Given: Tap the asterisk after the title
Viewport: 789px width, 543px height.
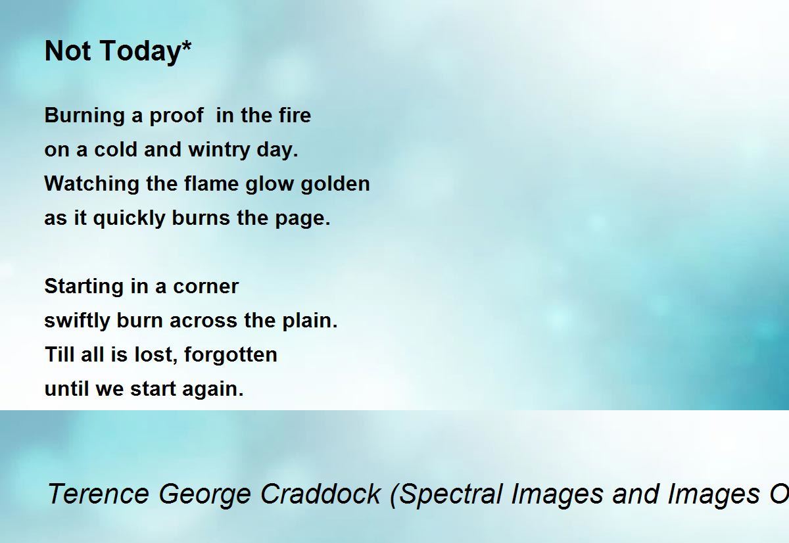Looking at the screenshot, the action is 187,45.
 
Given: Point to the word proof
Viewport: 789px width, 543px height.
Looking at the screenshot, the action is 176,116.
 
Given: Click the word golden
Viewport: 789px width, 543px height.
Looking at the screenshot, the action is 335,183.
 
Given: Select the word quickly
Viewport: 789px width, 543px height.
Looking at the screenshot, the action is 130,218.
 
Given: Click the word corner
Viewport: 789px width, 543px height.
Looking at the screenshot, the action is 206,287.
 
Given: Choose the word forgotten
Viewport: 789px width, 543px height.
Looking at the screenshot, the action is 231,354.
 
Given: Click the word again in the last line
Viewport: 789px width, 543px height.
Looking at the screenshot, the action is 213,389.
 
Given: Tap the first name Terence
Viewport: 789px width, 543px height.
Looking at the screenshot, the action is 98,494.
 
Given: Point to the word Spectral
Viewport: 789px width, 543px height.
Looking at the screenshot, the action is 446,495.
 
